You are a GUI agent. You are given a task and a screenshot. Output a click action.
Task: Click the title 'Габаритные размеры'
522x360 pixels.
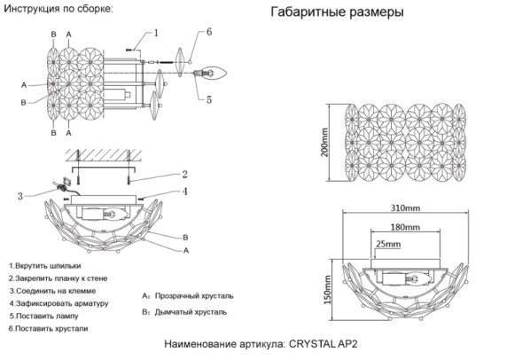click(x=337, y=14)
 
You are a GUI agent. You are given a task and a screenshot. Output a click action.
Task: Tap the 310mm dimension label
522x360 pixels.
click(x=404, y=207)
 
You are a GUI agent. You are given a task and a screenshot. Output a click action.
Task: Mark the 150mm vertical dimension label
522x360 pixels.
click(x=326, y=286)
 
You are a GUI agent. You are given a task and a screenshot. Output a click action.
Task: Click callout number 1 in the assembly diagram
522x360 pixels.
click(x=155, y=35)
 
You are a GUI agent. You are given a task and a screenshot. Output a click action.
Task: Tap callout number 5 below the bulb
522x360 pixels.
click(x=208, y=100)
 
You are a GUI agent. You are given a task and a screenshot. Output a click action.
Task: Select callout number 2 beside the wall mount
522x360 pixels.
click(x=184, y=174)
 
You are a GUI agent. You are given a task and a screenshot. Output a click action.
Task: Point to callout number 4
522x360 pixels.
click(x=184, y=191)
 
